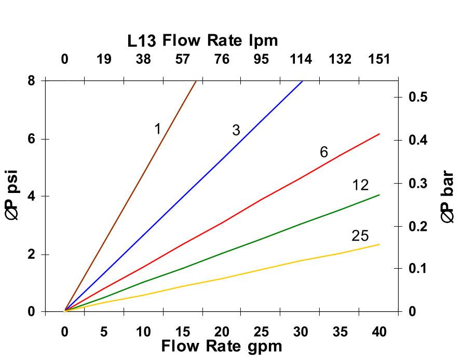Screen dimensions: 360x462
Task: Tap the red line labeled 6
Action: coord(260,200)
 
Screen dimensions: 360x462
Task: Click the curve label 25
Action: coord(360,236)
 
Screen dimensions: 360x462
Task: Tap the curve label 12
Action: coord(360,185)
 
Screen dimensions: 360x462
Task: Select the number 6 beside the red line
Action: coord(324,152)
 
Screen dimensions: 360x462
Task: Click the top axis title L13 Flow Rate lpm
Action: coord(203,40)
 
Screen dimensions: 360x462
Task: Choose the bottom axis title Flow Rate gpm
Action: coord(222,346)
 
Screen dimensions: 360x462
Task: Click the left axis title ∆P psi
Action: coord(12,196)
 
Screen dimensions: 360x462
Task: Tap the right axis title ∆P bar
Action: coord(447,198)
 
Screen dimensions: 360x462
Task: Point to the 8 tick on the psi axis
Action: coord(32,80)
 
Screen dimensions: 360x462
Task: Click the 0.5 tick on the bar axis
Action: coord(417,97)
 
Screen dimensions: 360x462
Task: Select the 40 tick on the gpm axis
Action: coord(379,331)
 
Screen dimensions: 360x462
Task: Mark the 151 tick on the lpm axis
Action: coord(379,59)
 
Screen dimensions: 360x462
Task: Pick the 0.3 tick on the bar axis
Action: coord(417,183)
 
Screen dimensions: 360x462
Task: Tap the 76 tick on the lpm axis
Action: coord(222,59)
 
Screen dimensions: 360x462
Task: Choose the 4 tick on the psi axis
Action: coord(32,196)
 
